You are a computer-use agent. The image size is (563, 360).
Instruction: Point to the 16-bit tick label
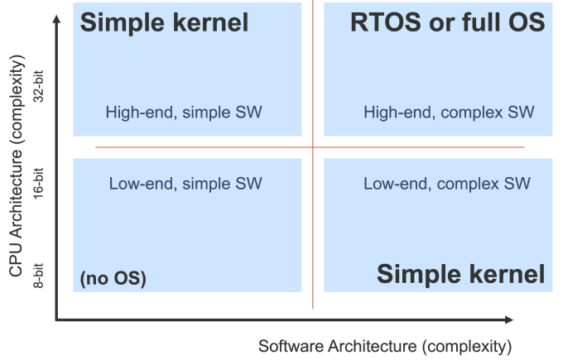[x=37, y=183]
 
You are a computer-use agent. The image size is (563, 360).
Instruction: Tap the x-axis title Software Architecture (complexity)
[x=386, y=344]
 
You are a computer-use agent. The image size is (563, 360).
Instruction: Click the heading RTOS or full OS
[x=448, y=22]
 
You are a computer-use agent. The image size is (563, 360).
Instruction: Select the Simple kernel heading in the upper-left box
[x=164, y=22]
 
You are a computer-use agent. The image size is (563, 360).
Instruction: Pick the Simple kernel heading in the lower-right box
[x=461, y=275]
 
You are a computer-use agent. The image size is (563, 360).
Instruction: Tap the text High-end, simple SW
[x=184, y=112]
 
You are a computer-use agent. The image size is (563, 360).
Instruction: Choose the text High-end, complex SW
[x=449, y=112]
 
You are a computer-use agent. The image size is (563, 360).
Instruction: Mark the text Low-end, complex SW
[x=446, y=183]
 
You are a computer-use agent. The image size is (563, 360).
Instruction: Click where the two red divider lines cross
[x=313, y=147]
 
